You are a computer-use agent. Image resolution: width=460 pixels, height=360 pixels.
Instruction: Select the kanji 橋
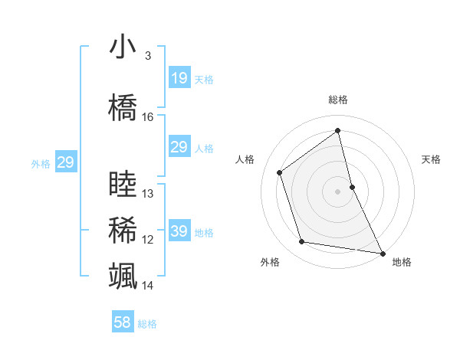coord(123,107)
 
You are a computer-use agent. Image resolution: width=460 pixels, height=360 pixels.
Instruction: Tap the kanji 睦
coord(123,185)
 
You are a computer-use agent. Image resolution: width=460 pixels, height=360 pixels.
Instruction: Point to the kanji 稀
coord(123,231)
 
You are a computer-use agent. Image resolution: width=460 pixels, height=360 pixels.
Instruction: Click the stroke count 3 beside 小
coord(147,56)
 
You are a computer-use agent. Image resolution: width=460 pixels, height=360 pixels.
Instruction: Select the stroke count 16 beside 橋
coord(148,117)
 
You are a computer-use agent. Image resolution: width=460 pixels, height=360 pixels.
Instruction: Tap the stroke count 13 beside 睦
coord(148,195)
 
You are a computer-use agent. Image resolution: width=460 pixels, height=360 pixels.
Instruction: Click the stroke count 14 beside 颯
coord(148,286)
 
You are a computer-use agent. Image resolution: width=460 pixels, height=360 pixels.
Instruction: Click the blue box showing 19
coord(179,77)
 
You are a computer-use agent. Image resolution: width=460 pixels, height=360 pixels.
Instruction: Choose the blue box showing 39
coord(179,231)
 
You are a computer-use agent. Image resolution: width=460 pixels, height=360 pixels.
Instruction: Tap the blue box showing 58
coord(123,322)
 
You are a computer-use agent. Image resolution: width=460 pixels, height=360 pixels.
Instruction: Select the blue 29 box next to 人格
coord(179,147)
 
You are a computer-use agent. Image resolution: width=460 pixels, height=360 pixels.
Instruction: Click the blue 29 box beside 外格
coord(65,162)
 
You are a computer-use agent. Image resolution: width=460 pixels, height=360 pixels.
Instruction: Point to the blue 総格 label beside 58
coord(147,324)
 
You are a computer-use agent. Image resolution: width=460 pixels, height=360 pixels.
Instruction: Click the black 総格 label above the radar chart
coord(338,100)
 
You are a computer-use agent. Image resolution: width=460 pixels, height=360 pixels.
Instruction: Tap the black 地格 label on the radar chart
coord(402,262)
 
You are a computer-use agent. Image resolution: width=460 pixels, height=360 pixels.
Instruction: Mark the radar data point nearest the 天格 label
coord(352,186)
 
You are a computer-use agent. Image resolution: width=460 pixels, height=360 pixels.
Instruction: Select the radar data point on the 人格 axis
coord(280,172)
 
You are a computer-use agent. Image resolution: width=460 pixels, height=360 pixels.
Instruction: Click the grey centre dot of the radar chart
coord(337,191)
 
